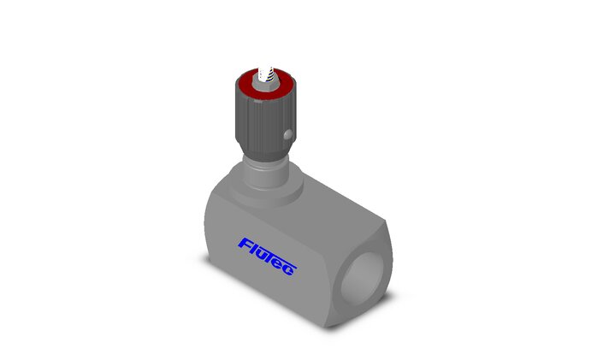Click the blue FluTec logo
tap(267, 257)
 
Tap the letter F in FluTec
tap(245, 245)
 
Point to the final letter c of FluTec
tap(291, 270)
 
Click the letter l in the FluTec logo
tap(254, 249)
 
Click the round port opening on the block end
tap(362, 280)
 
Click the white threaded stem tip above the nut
tap(265, 74)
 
